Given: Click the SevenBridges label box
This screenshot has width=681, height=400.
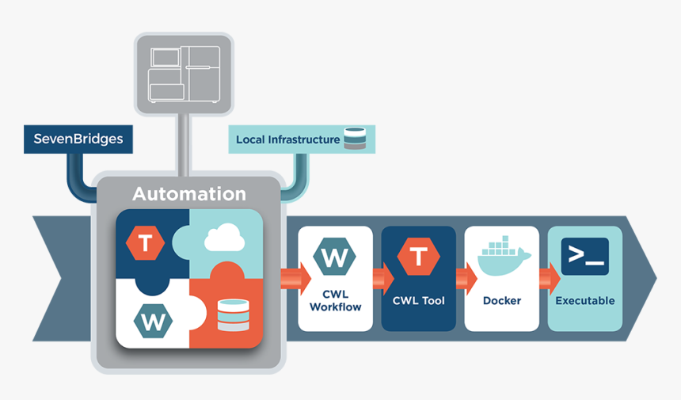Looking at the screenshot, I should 78,139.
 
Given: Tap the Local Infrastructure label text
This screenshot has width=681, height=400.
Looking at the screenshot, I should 287,139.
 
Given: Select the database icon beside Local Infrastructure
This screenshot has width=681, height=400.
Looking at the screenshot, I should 354,139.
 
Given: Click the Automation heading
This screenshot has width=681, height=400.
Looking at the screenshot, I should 188,193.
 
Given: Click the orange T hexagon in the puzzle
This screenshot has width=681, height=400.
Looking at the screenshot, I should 146,242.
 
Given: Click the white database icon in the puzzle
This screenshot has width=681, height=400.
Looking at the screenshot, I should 232,314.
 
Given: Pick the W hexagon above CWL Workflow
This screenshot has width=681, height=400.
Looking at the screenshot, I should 335,257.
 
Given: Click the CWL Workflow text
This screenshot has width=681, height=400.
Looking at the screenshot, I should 335,300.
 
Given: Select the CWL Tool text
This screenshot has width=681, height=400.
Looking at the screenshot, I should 418,301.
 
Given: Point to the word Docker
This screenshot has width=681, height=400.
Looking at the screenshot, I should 502,301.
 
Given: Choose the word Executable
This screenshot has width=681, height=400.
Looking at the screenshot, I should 584,301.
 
